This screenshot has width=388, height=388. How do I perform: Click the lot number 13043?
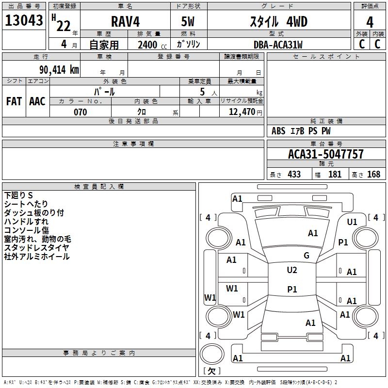pos(24,21)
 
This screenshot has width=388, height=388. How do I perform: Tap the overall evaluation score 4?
pos(370,22)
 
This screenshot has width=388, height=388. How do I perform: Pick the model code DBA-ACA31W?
pos(277,45)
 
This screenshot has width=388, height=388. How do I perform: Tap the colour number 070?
pos(80,112)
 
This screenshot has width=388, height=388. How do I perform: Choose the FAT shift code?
pos(14,101)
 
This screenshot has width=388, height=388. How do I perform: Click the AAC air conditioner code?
pos(37,101)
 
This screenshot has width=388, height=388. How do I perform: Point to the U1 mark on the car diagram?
pos(352,222)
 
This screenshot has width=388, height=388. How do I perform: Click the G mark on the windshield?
pos(307,256)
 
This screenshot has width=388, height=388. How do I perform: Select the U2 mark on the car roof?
pos(291,270)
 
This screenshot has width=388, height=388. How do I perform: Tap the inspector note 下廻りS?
pos(18,195)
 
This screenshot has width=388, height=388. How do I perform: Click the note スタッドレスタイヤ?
pos(36,247)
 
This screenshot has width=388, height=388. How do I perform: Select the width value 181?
pos(335,175)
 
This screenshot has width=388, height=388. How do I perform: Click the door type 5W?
pos(189,22)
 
